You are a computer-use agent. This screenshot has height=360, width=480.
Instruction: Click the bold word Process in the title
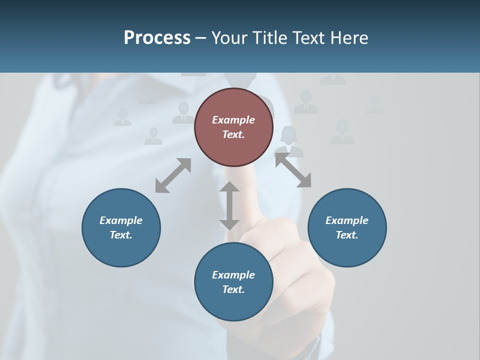click(157, 38)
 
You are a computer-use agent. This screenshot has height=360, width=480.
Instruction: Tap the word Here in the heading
click(350, 38)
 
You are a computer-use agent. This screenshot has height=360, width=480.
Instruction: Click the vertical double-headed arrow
click(229, 205)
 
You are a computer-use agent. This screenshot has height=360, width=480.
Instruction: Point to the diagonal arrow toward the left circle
click(173, 175)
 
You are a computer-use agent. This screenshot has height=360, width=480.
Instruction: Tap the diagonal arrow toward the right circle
click(293, 170)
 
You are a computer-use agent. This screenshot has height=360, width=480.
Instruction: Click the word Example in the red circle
click(233, 120)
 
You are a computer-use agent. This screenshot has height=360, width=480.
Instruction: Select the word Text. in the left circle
click(121, 235)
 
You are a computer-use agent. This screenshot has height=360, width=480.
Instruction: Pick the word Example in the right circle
click(347, 220)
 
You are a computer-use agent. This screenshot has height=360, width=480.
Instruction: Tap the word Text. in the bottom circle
click(233, 289)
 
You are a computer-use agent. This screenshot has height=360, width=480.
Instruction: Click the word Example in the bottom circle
click(233, 275)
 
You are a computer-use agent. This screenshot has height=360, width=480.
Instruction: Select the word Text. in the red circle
click(233, 134)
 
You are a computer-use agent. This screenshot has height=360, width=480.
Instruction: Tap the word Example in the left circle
click(121, 220)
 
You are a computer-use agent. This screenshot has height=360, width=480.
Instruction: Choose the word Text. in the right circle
click(347, 235)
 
